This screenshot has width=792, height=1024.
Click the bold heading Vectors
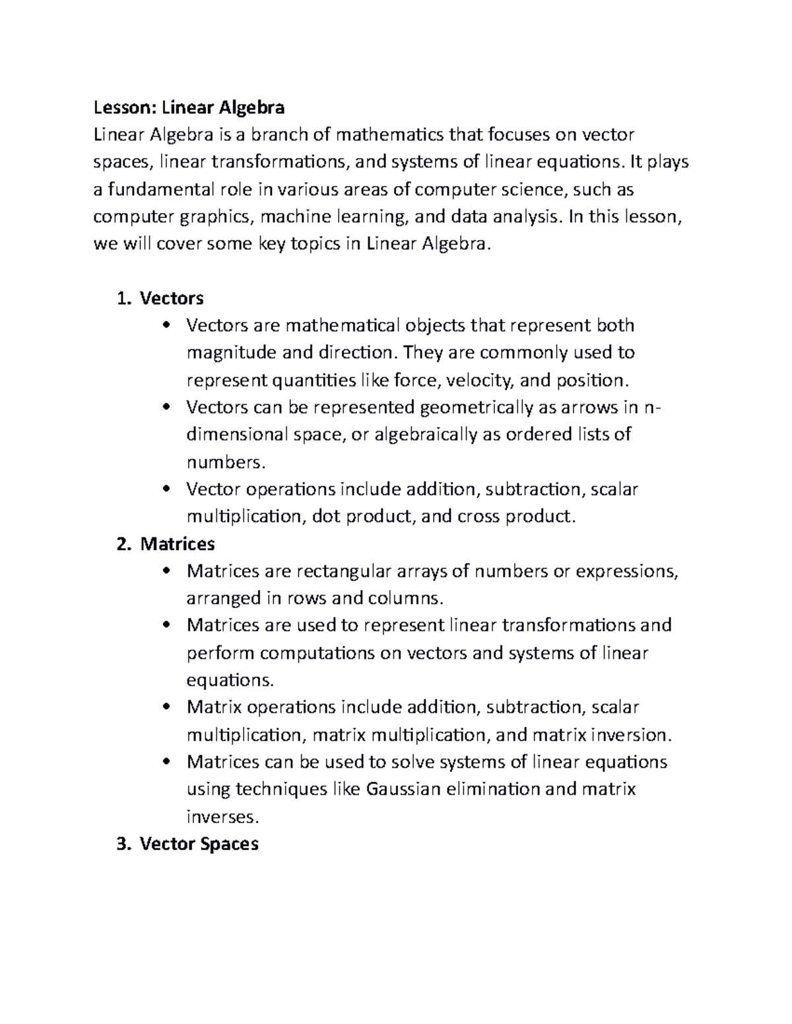(172, 299)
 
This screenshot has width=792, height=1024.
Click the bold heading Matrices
(178, 544)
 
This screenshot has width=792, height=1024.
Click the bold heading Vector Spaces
(199, 844)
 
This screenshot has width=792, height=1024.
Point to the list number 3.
(121, 844)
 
